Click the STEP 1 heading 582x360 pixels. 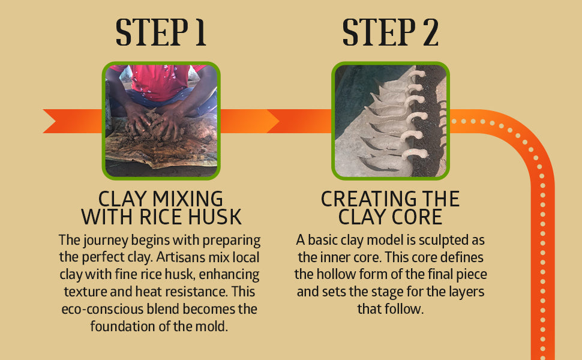[x=161, y=32]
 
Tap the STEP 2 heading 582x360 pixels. [x=390, y=32]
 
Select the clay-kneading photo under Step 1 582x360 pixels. [x=161, y=121]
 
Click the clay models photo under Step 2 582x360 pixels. [x=391, y=121]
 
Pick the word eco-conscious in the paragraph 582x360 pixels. [x=102, y=309]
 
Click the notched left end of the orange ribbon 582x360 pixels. [x=56, y=121]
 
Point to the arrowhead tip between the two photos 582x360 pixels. [x=279, y=121]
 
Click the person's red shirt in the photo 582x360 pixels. [x=160, y=82]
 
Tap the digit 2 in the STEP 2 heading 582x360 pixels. [x=430, y=32]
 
